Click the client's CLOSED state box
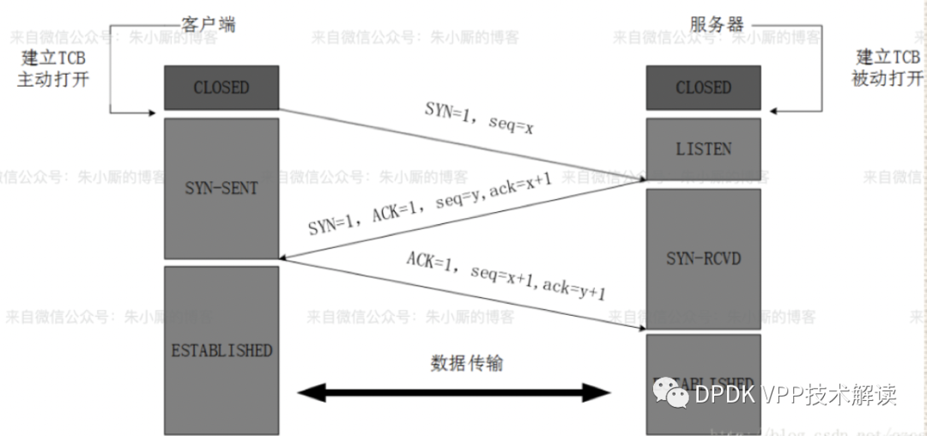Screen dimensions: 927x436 tap(221, 88)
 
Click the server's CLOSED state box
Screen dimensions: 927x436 tap(703, 88)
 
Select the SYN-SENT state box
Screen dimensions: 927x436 tap(221, 188)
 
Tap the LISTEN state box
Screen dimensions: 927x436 tap(703, 148)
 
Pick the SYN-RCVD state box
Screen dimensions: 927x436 tap(703, 257)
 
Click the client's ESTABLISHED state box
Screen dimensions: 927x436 tap(221, 350)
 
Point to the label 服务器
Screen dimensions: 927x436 tap(717, 24)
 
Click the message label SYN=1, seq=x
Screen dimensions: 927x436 tap(481, 117)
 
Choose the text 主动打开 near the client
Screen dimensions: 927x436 tap(53, 80)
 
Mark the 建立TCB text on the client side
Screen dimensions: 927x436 tap(53, 58)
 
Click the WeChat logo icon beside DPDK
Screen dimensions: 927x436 tap(671, 394)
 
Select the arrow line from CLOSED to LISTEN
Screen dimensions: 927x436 tap(463, 144)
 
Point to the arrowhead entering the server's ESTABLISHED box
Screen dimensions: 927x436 tap(639, 330)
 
